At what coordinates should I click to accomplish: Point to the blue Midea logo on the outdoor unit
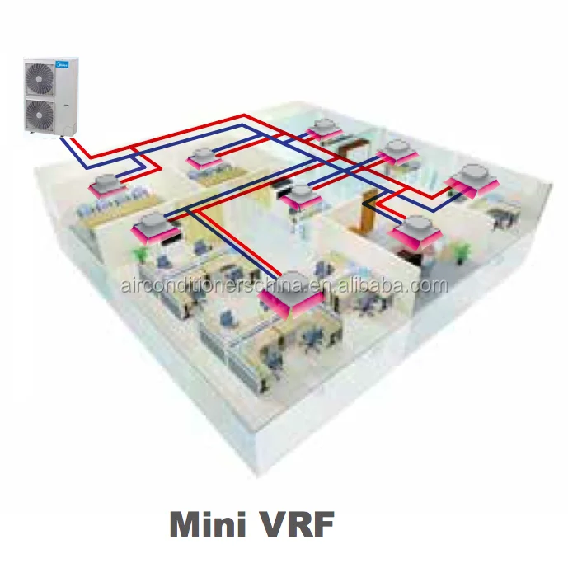[x=67, y=63]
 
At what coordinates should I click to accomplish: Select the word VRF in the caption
[x=302, y=524]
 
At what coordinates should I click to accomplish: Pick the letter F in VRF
[x=329, y=524]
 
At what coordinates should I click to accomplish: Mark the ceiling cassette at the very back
[x=323, y=129]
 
